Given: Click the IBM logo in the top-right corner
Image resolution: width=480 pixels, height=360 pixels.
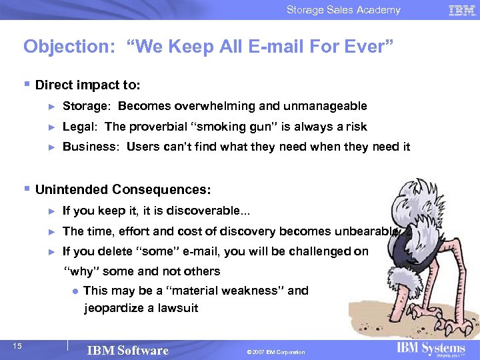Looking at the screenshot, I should [461, 10].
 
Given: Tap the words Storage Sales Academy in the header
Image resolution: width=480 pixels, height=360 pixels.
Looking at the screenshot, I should [343, 10].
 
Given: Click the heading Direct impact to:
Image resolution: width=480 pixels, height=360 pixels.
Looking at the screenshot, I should [87, 85].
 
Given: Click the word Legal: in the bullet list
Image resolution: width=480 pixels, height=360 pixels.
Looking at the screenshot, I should [81, 127].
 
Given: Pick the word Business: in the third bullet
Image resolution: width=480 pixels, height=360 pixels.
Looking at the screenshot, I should [91, 147].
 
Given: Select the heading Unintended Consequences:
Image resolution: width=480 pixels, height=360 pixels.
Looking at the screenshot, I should [123, 190].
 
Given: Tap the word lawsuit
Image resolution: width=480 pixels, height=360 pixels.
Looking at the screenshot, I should [178, 308].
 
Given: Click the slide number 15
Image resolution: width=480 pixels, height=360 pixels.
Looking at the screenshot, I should [17, 345].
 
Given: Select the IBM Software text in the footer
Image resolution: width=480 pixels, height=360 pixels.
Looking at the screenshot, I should [127, 351].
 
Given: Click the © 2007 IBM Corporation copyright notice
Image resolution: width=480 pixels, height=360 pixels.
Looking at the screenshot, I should [275, 352].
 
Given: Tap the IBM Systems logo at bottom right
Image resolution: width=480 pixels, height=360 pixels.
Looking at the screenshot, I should [431, 349].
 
